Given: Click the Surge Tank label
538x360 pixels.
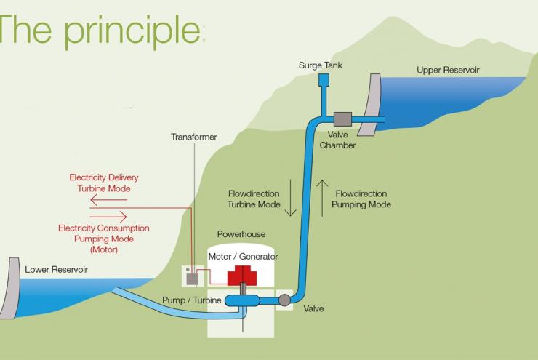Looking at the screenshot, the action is (x=321, y=65).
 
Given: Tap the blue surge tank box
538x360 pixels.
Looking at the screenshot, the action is (x=324, y=80).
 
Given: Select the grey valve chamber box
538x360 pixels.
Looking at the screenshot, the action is (x=342, y=119).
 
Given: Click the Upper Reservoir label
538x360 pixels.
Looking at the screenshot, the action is (x=448, y=70).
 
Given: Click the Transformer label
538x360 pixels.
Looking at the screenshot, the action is (x=194, y=137).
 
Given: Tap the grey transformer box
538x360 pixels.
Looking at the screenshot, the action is (x=192, y=279).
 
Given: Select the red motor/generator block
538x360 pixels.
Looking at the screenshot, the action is (x=242, y=276).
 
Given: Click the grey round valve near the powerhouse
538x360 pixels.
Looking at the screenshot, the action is (x=284, y=300).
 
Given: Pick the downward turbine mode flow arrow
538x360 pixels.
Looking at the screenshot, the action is (x=291, y=198).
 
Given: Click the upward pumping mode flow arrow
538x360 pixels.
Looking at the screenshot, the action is (x=322, y=199).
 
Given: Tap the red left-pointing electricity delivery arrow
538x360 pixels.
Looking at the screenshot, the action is (x=108, y=200).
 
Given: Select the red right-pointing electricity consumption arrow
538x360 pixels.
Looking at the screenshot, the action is (x=108, y=217).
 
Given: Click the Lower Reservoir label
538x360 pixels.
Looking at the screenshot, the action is (x=56, y=269).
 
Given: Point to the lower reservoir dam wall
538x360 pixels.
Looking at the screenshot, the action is (x=10, y=288).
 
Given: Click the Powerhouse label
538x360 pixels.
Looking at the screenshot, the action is (x=241, y=234).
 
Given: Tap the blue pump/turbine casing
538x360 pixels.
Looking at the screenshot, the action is (x=242, y=300).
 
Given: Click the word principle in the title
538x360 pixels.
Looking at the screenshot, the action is (x=132, y=31).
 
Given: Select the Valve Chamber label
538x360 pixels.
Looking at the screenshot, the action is (x=337, y=140).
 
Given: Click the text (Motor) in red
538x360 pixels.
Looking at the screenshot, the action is (x=104, y=249).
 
